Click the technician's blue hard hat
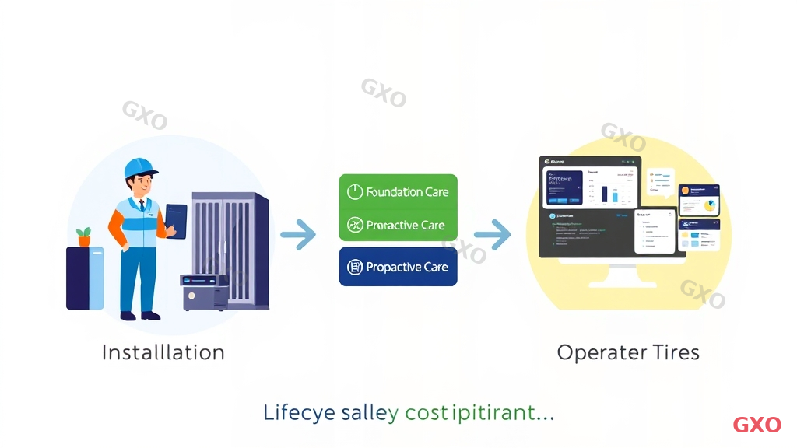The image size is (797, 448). (139, 168)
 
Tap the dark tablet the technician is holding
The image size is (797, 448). (176, 221)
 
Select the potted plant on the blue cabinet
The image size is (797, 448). (83, 236)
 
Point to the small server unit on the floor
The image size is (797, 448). (205, 292)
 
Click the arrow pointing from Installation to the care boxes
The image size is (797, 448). (297, 234)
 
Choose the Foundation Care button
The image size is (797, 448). (398, 191)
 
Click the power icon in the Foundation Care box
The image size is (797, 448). (354, 191)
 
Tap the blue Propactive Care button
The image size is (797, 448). (398, 267)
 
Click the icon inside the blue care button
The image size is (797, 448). (354, 267)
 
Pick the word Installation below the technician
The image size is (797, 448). (163, 352)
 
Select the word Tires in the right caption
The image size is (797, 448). (676, 352)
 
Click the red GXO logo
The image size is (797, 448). (757, 425)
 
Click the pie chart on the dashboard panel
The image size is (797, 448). (709, 206)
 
